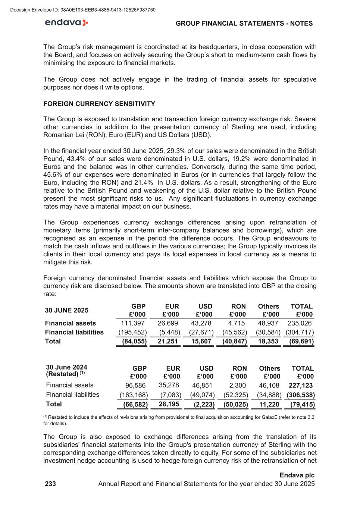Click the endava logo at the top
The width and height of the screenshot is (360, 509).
coord(66,23)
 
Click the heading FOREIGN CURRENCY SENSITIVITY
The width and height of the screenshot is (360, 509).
coord(99,104)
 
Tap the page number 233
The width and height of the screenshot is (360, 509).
coord(50,484)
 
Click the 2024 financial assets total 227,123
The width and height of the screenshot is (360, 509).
coord(301,385)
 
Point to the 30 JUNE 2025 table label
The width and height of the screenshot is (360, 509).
coord(67,310)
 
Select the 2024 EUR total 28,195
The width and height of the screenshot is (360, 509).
coord(169,404)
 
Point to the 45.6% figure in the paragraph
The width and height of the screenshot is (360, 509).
coord(53,175)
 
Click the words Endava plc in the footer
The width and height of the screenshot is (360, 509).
coord(297,475)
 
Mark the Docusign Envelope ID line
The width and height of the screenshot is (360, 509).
coord(83,10)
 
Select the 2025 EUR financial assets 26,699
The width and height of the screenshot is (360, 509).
coord(168,323)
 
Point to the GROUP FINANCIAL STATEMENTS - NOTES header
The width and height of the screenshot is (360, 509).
coord(244,23)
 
